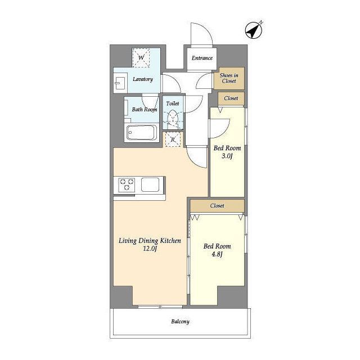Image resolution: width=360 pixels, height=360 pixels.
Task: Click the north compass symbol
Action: click(254, 30)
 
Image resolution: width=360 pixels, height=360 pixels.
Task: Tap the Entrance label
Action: click(202, 58)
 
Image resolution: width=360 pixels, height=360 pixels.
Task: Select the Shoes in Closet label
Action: click(229, 78)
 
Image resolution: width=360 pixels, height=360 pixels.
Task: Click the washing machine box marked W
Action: click(141, 57)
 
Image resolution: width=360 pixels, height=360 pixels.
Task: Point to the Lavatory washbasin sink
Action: click(120, 83)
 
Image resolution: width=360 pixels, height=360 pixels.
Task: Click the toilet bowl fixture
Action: click(173, 119)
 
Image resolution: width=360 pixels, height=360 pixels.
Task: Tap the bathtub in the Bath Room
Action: click(141, 133)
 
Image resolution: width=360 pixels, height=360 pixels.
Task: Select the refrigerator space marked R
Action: click(173, 139)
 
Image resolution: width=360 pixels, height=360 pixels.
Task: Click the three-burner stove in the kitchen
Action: click(127, 185)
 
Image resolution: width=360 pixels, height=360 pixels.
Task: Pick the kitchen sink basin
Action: click(150, 184)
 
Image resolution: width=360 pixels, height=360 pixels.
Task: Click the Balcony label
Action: click(180, 321)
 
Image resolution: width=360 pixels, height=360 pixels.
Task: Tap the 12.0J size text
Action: click(150, 249)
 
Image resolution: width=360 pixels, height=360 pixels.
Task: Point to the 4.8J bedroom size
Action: click(217, 254)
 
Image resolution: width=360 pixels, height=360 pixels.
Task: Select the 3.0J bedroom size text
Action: click(227, 156)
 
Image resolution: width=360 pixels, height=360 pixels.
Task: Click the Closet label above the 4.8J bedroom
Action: click(217, 206)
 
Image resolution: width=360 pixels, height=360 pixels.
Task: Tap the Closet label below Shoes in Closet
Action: click(231, 98)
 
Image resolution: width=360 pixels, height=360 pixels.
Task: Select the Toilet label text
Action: click(173, 103)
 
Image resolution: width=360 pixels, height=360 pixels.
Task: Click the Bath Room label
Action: click(145, 110)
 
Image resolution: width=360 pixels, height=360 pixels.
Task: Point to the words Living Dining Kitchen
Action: click(150, 241)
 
